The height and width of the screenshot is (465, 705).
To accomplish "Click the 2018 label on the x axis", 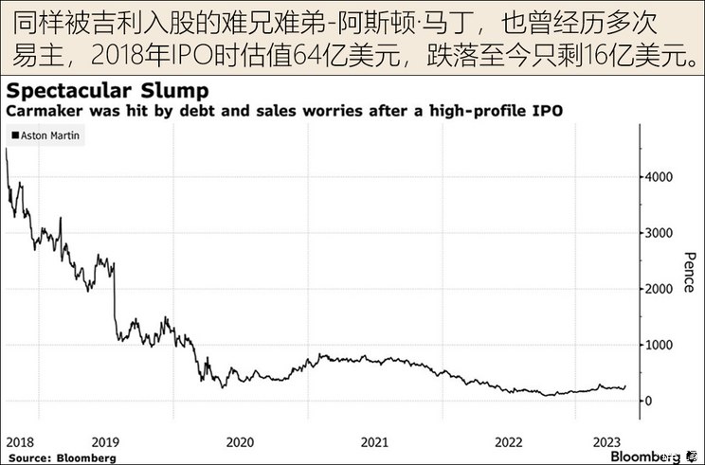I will [x=20, y=442].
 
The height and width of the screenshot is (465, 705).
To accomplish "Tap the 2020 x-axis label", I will [x=240, y=442].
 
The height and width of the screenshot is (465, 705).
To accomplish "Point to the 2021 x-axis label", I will [x=374, y=442].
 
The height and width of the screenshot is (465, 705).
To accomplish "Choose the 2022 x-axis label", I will [x=510, y=442].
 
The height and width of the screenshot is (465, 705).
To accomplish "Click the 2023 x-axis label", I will [x=606, y=442].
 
